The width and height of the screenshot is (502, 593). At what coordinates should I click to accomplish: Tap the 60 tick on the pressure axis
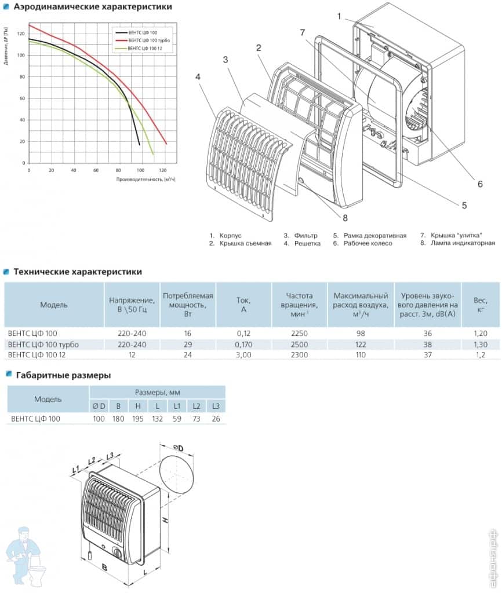23,98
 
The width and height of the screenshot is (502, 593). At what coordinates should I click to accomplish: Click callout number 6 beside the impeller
480,184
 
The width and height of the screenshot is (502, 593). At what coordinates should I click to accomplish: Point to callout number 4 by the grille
199,75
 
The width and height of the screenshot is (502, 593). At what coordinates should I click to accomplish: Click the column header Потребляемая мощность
188,304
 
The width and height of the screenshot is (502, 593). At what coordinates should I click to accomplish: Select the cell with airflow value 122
361,344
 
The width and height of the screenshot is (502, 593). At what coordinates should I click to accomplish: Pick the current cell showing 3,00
243,354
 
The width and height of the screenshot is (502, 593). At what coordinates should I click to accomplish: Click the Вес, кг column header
479,304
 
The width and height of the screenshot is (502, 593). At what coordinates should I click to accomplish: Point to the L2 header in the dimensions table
196,405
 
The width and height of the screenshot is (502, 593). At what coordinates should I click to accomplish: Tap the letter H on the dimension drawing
165,521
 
